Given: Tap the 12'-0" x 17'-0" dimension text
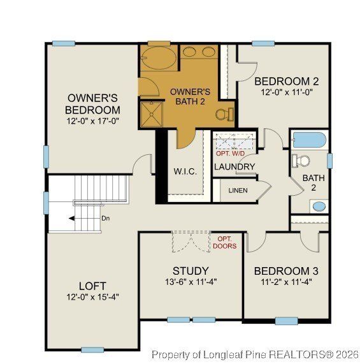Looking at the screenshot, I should [x=93, y=120].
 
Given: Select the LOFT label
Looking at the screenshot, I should [x=92, y=286].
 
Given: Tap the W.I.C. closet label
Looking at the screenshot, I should [x=185, y=172].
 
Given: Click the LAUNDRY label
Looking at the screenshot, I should [x=234, y=167].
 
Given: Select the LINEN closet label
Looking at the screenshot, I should [x=238, y=190].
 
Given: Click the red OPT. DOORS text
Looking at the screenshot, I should [x=224, y=242].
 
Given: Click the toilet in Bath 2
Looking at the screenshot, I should [x=300, y=159].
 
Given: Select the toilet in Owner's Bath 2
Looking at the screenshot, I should [x=222, y=114].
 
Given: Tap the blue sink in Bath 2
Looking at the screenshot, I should [x=319, y=207].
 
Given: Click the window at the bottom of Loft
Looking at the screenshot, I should [x=92, y=349].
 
